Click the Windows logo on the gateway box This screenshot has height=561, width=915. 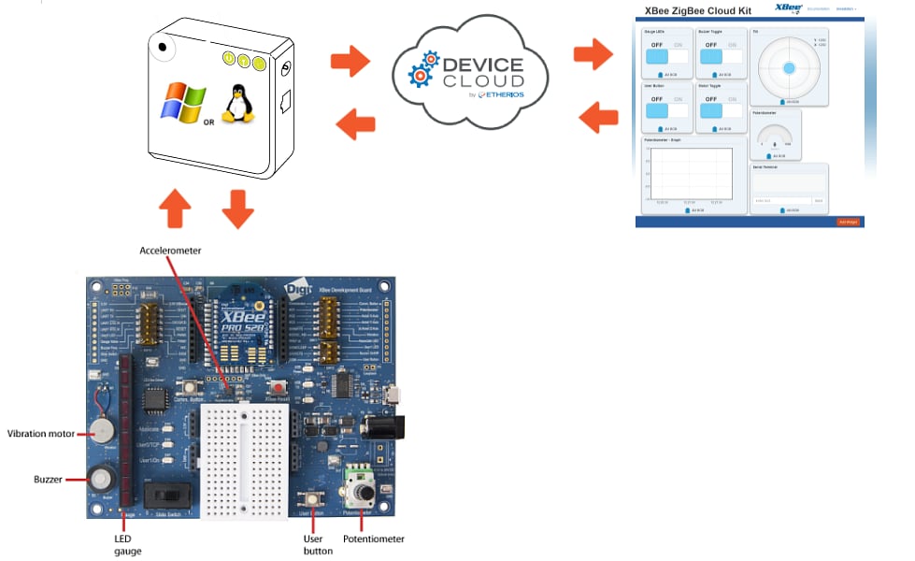tap(182, 102)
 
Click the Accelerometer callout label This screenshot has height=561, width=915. tap(170, 251)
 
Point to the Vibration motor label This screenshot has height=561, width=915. tap(41, 433)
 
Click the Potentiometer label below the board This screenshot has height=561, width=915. tap(375, 539)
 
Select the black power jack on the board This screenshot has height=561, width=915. tap(387, 427)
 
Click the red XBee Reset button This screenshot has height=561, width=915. tap(277, 386)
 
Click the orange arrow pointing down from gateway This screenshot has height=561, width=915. tap(238, 208)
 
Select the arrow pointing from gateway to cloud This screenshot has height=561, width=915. tap(350, 63)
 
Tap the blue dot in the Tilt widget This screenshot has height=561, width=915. tap(789, 67)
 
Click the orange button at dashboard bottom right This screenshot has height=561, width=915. tap(847, 222)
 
